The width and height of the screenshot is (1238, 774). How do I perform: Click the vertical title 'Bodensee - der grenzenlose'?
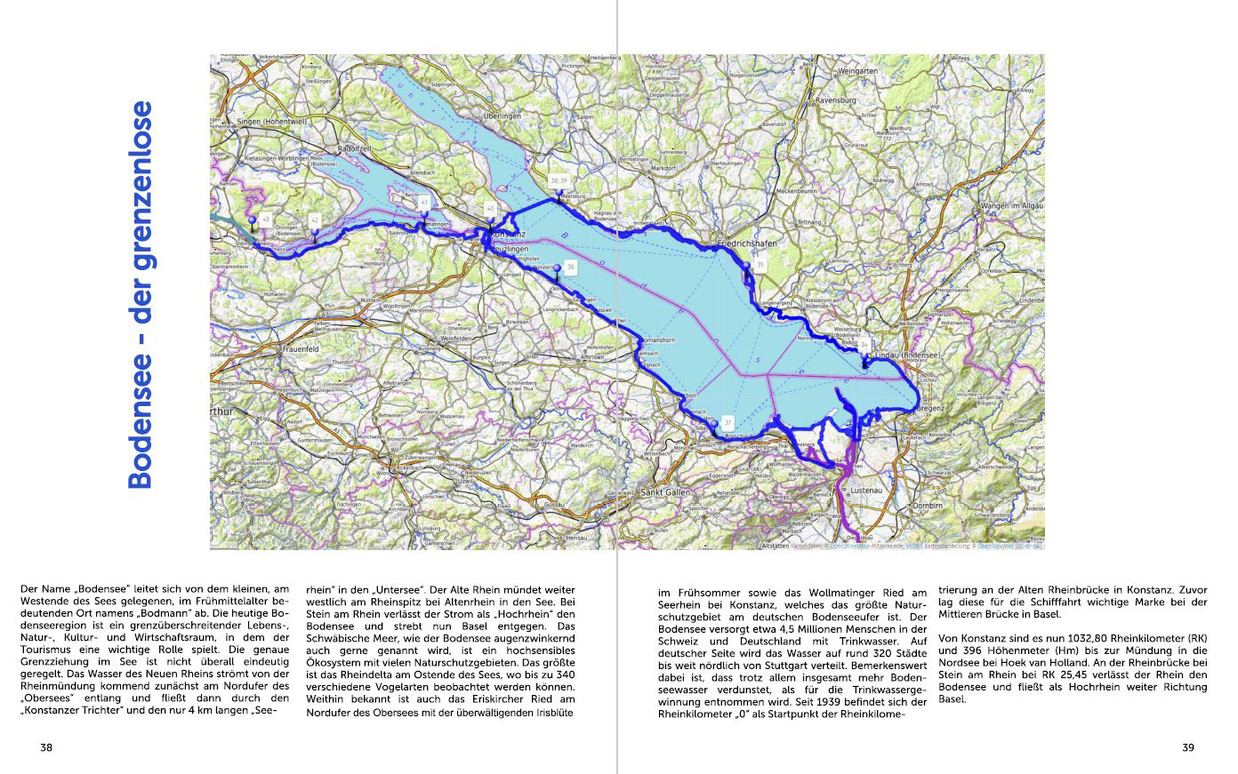(x=141, y=295)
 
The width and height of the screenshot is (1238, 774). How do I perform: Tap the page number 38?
(x=46, y=747)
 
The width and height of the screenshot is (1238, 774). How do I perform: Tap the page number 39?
(x=1188, y=747)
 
